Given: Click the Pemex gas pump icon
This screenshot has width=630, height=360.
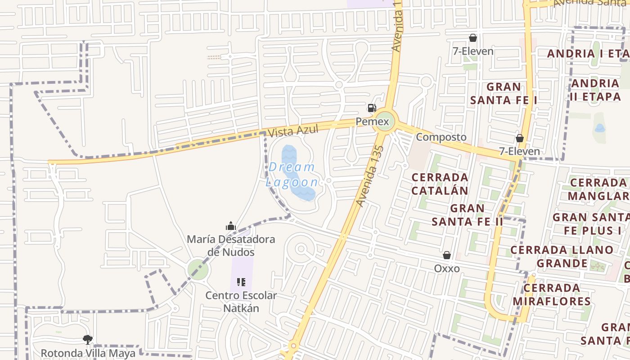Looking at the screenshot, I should point(372,108).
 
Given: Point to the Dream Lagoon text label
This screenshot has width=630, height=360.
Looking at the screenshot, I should point(292,175).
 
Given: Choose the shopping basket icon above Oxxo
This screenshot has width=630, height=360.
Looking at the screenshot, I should point(447,255).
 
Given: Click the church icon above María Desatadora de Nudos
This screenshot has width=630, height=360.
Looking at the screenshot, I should point(231,226).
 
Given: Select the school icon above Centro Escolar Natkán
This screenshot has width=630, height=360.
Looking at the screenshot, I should point(241,282).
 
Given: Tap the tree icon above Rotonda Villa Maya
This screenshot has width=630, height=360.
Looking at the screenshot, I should point(88,339).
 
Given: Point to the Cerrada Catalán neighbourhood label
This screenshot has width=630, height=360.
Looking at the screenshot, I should point(440,184).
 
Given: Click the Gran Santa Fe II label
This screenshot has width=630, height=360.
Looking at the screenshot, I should point(468,215).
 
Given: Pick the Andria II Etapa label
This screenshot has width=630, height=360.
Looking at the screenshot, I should point(595,90).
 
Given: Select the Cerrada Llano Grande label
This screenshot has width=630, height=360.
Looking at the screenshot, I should point(562,256).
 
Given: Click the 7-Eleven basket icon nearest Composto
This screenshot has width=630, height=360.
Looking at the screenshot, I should point(520,138).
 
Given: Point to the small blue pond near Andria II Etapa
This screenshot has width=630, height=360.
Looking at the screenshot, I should point(600,128).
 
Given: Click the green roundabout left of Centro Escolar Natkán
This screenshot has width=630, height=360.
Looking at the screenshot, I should point(198,270).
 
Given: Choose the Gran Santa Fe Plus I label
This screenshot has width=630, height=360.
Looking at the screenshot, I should point(590,224).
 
